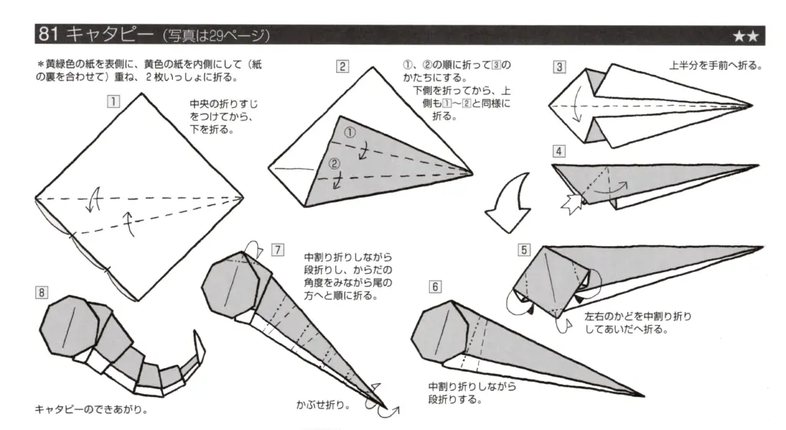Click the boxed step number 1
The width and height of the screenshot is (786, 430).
pyautogui.click(x=113, y=100)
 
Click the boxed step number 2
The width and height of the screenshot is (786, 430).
pyautogui.click(x=342, y=66)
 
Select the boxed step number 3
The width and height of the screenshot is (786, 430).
pyautogui.click(x=560, y=67)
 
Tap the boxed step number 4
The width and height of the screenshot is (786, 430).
pyautogui.click(x=560, y=152)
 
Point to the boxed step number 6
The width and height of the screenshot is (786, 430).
pyautogui.click(x=435, y=287)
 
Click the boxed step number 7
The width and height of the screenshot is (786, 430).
pyautogui.click(x=277, y=250)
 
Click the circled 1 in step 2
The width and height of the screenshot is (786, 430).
pyautogui.click(x=350, y=133)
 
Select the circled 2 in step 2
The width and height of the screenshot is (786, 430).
pyautogui.click(x=333, y=162)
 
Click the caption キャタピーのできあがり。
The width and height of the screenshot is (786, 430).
pyautogui.click(x=91, y=409)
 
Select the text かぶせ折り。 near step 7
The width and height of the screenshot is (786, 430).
pyautogui.click(x=323, y=402)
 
